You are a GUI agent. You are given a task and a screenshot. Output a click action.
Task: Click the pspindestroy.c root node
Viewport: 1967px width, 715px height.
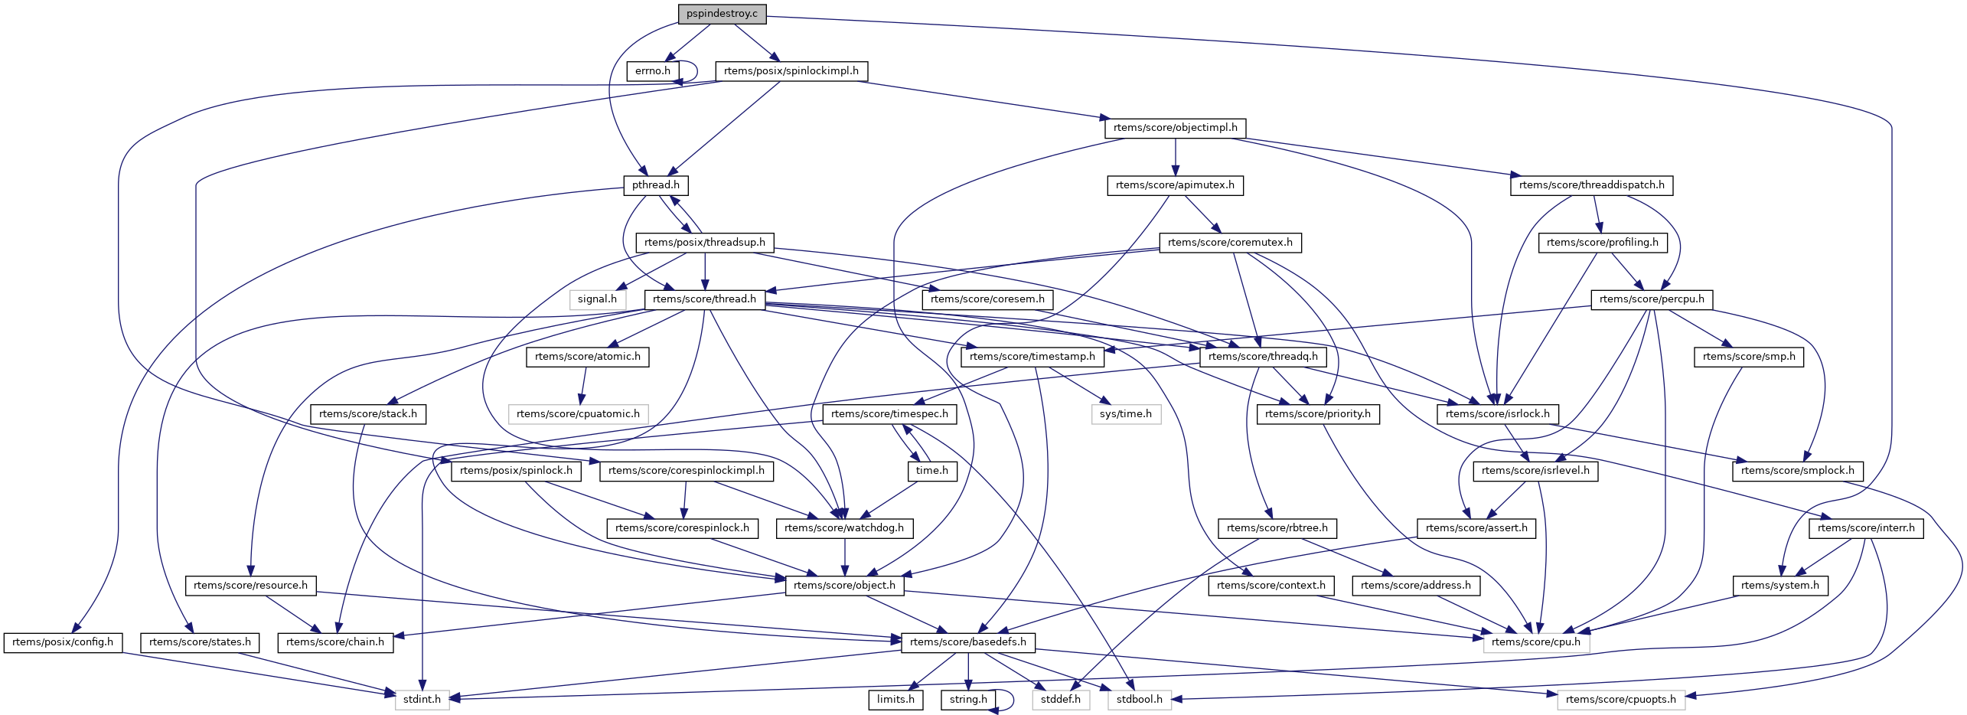(722, 14)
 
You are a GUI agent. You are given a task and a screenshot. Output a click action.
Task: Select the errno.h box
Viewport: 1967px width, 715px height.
(652, 71)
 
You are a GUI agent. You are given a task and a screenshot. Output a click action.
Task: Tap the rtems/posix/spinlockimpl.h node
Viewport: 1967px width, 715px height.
(791, 71)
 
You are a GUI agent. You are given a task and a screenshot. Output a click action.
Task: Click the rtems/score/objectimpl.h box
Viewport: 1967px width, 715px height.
(1175, 128)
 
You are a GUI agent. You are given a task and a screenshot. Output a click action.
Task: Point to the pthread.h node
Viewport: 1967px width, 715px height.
(655, 185)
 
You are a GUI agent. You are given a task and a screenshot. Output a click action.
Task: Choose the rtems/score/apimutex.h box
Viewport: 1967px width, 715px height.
(1175, 185)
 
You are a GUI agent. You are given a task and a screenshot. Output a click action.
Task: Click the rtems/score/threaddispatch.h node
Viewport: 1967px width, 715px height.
(1591, 185)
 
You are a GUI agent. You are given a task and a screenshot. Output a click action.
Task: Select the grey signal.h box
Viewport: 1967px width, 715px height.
(597, 299)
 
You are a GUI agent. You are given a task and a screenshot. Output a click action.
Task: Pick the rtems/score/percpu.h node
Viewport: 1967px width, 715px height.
(1651, 299)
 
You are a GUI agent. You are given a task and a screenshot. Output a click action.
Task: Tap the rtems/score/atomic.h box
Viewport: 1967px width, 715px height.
(587, 357)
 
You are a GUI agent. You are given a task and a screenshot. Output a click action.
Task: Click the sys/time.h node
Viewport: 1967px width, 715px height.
(1125, 414)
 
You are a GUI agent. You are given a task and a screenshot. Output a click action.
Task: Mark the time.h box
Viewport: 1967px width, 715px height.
(931, 471)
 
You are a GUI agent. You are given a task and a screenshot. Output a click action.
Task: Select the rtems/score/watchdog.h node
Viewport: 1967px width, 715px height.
(843, 528)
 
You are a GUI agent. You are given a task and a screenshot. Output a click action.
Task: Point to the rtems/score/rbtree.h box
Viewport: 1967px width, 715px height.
(1277, 528)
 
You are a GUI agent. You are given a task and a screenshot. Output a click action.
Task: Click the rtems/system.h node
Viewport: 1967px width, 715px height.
(1779, 586)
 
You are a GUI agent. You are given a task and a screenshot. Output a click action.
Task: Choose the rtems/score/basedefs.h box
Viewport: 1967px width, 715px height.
(967, 642)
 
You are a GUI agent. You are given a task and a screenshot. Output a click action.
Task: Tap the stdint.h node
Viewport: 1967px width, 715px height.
(422, 700)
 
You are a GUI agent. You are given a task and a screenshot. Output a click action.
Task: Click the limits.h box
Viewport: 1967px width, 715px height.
(895, 700)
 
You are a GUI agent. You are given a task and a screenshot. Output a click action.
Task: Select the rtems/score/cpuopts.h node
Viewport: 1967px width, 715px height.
(1620, 700)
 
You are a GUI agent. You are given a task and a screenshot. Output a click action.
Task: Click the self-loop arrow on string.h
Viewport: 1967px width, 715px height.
(1012, 699)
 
